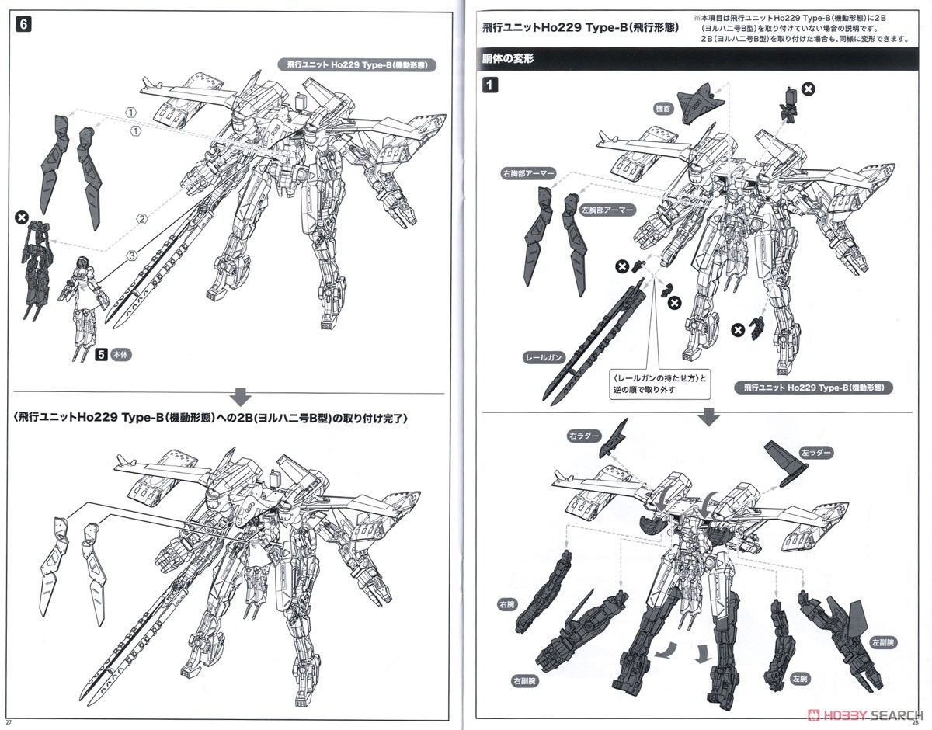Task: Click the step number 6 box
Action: [24, 25]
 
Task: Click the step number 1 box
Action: [491, 86]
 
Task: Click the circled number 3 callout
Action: [131, 254]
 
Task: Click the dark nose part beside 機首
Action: [701, 103]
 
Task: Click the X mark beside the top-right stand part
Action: [809, 90]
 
